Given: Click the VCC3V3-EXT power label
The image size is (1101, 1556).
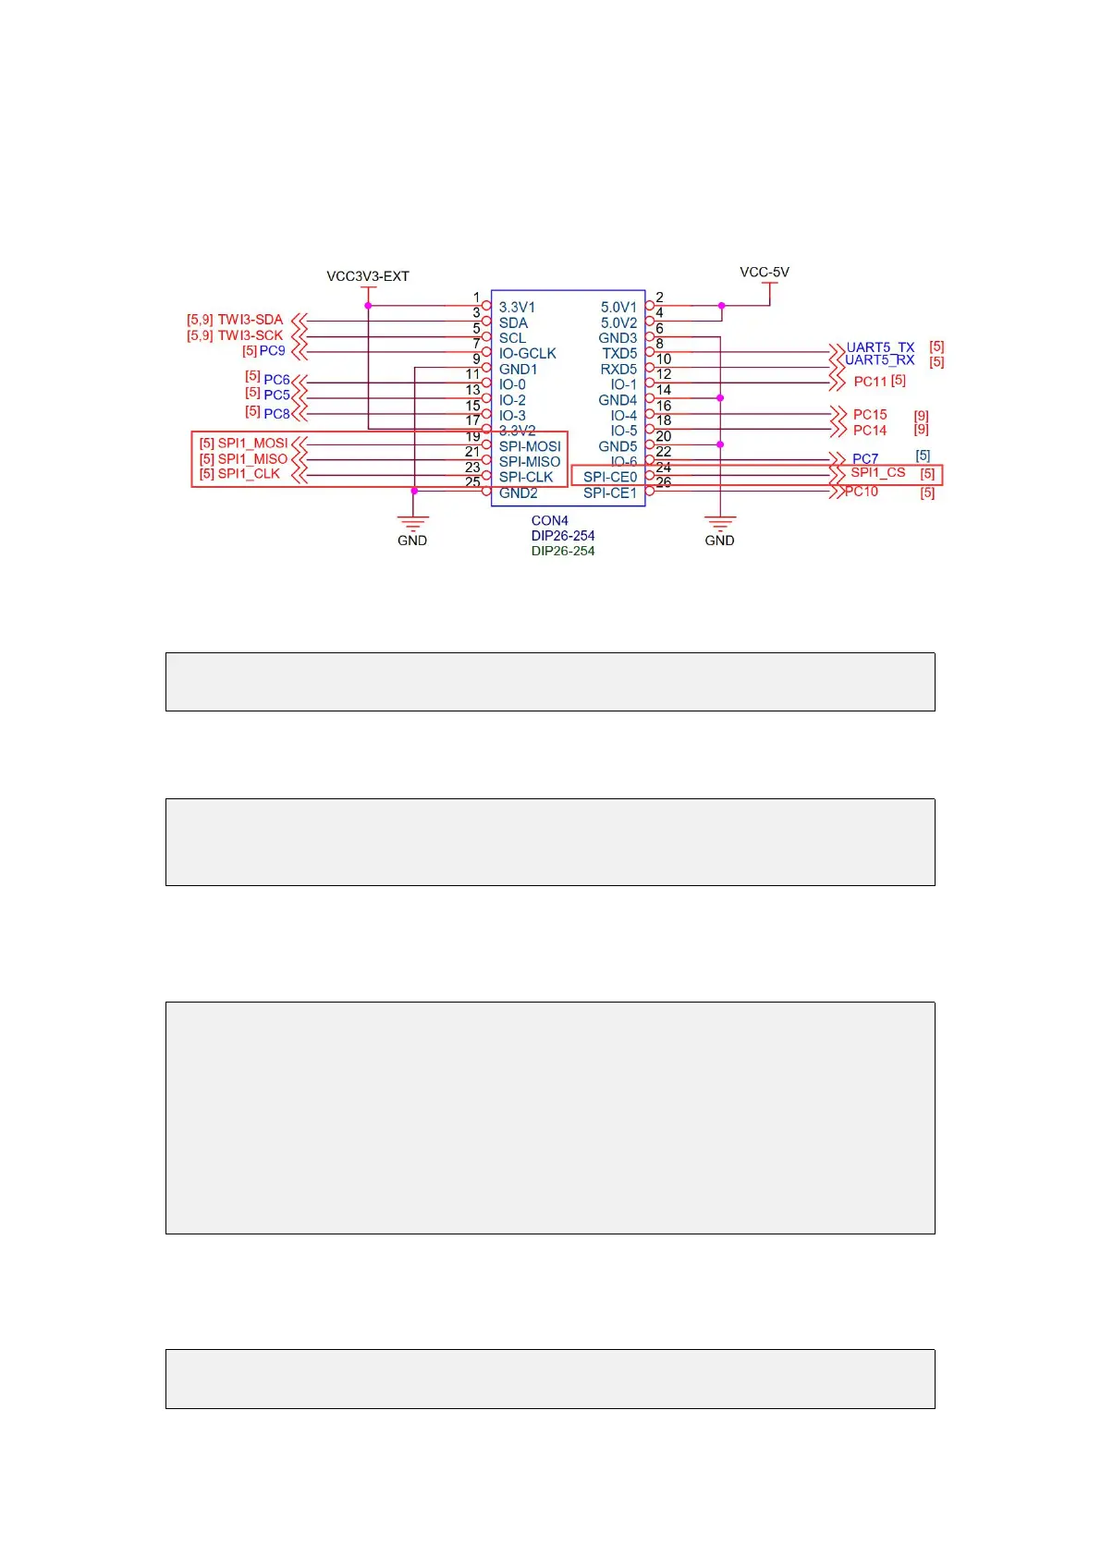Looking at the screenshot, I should [x=367, y=276].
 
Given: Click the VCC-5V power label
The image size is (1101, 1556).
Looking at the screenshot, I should [x=765, y=273].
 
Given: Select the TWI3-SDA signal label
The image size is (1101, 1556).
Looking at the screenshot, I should [x=250, y=320].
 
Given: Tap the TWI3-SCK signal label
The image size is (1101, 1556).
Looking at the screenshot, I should [x=250, y=335].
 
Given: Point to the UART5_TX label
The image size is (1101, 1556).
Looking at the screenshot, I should [x=880, y=347].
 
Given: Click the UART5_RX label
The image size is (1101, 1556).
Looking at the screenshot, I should [x=879, y=360].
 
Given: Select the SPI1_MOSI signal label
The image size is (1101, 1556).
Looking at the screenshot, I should [x=252, y=444].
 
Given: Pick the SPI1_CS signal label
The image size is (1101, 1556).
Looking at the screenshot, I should [x=878, y=472].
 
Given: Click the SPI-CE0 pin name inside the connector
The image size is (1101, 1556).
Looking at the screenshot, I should [x=610, y=477].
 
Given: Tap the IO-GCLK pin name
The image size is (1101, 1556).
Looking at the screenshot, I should [x=528, y=353].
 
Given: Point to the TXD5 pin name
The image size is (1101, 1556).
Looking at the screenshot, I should [x=619, y=353].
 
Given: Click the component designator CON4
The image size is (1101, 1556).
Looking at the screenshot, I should [x=549, y=520].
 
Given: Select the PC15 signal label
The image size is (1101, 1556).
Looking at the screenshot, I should [x=870, y=415].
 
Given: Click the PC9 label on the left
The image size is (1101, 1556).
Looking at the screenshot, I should [x=272, y=351].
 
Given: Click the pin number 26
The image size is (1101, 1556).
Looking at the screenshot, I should [x=664, y=482].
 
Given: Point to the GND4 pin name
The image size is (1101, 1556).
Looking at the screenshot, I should [x=618, y=400].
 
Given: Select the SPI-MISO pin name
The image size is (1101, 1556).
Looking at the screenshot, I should [x=530, y=462].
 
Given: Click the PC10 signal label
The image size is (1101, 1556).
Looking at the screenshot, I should [x=862, y=492].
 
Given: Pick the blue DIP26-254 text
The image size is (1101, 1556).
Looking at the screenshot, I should [x=563, y=536].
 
